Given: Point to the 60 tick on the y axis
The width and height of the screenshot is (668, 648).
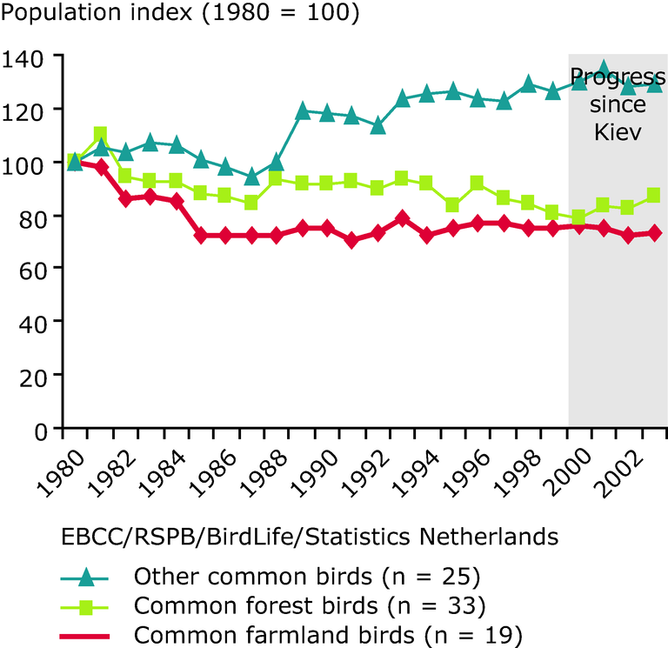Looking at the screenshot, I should pos(33,268).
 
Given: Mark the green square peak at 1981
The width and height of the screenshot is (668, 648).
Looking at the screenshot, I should pos(100,135).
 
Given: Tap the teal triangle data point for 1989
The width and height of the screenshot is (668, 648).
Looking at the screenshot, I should pos(303,111).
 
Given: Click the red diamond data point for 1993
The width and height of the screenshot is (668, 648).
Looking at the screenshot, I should pos(403,218).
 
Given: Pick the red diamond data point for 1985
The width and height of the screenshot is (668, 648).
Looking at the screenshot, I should pos(201,236).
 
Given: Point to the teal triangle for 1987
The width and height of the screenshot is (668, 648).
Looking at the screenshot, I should pos(251,177).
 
